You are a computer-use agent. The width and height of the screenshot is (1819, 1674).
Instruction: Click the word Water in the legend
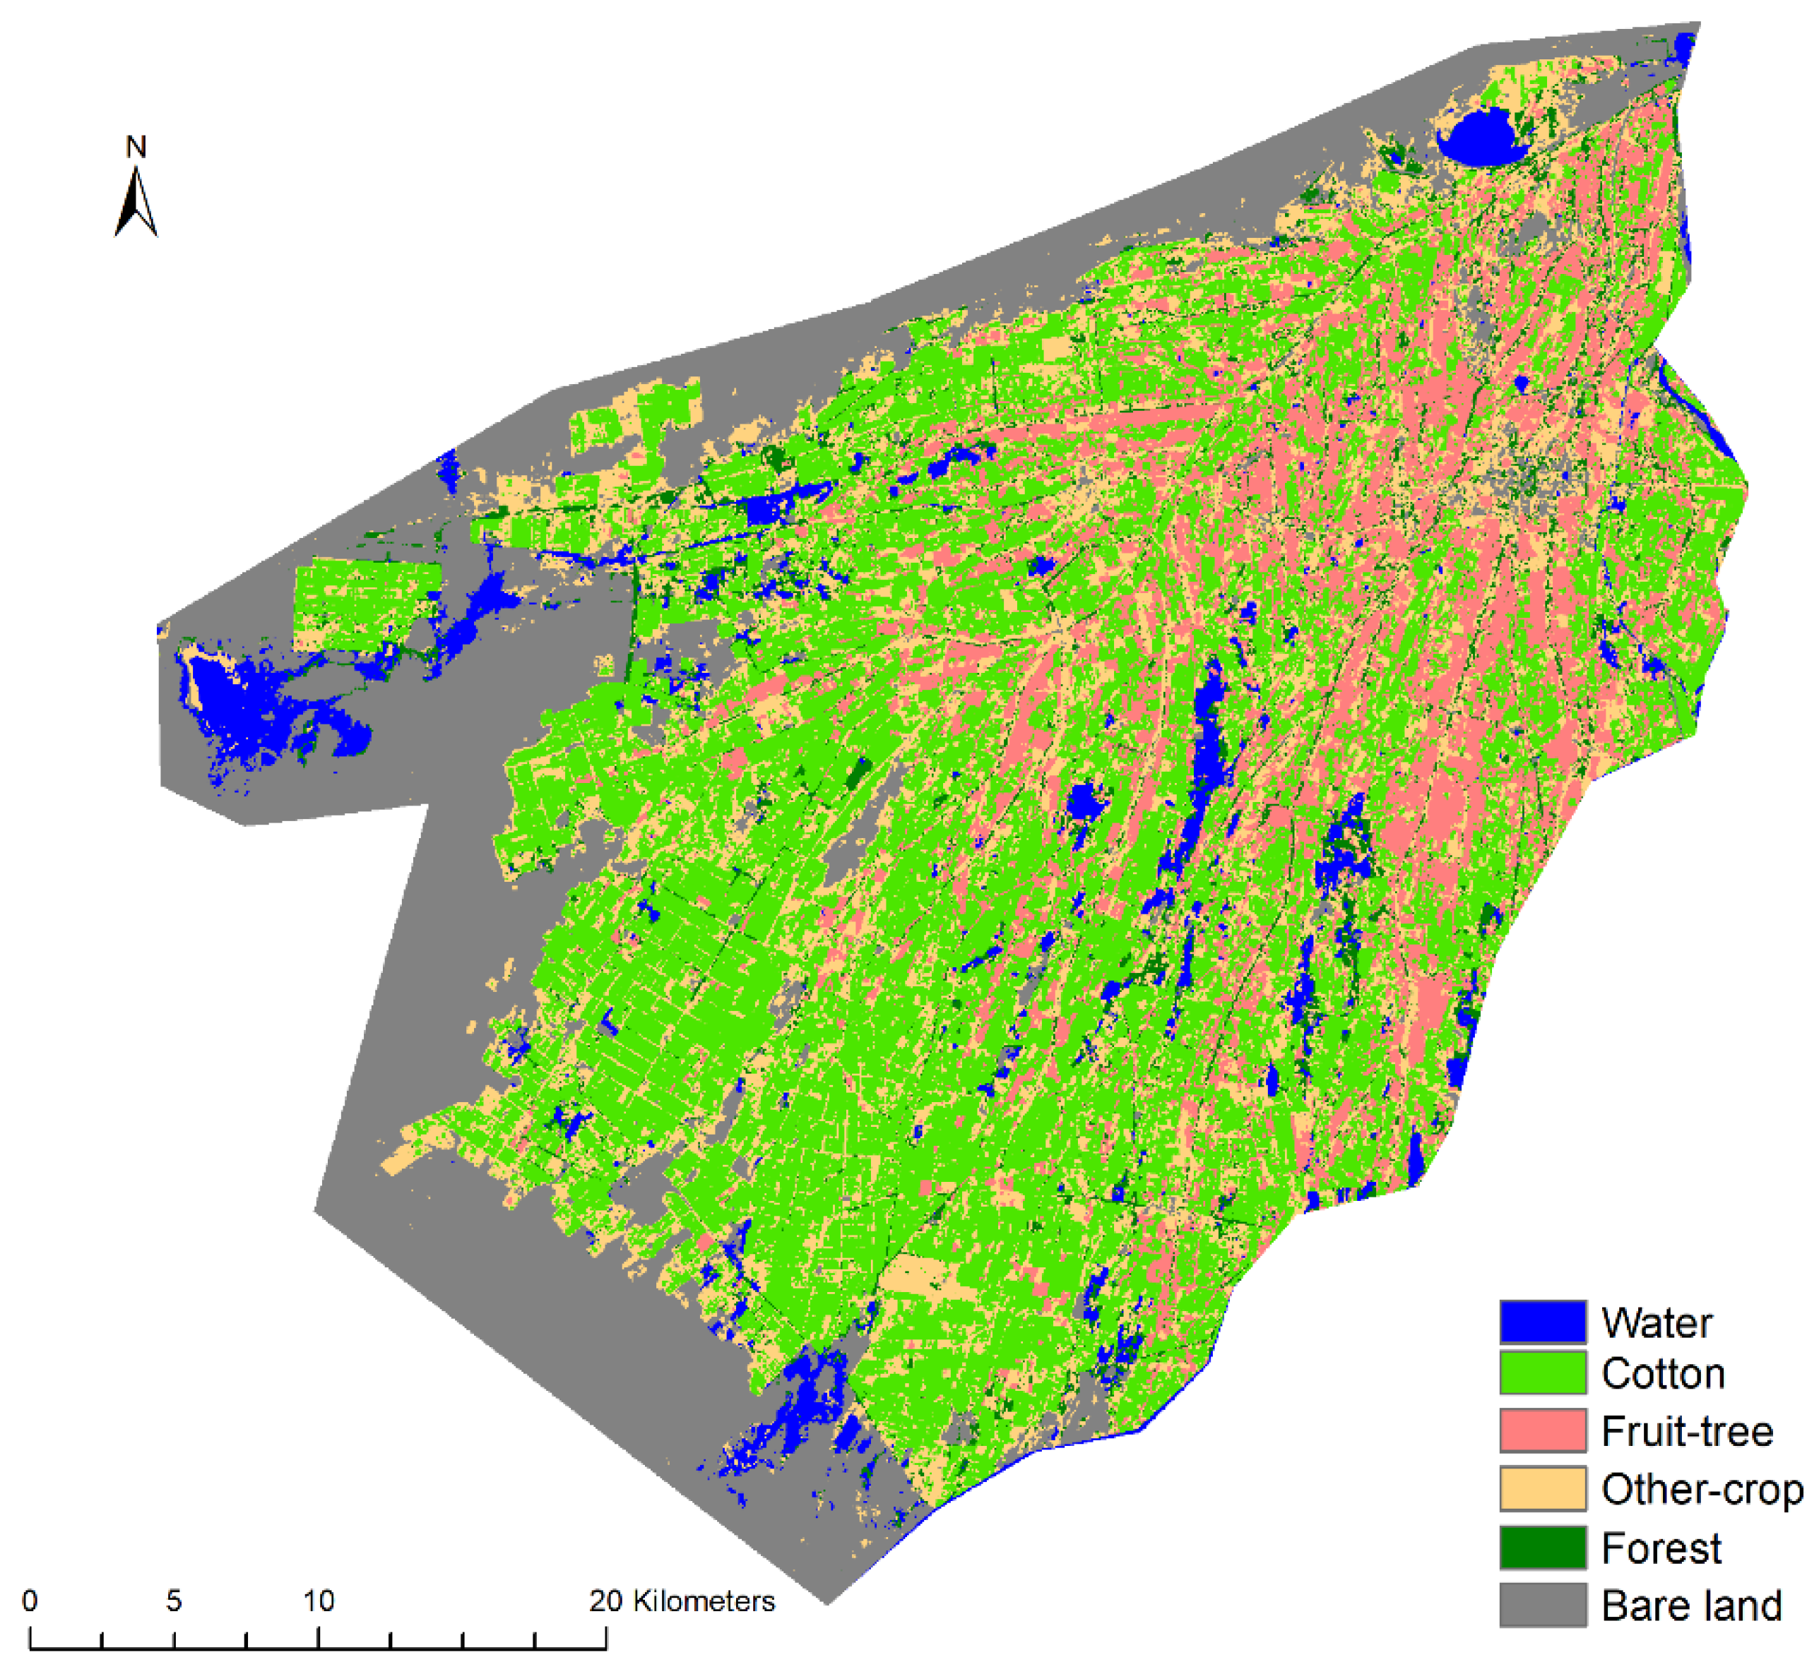point(1656,1322)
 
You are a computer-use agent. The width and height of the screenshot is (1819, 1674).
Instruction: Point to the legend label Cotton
point(1662,1374)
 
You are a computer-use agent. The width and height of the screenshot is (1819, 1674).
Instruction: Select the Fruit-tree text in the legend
point(1685,1431)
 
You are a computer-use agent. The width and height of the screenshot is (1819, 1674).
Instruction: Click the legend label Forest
point(1660,1547)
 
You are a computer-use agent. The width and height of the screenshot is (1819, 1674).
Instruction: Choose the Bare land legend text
point(1690,1605)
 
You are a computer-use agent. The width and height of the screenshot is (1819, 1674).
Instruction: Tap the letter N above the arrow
point(136,147)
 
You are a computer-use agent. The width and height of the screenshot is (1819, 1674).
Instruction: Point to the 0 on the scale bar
point(30,1601)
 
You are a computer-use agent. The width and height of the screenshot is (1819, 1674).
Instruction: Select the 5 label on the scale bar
point(174,1601)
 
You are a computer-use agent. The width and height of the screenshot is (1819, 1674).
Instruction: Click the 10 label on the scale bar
point(318,1601)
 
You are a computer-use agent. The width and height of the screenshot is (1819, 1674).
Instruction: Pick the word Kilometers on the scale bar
point(704,1601)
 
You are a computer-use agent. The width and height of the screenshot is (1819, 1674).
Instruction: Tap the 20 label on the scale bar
point(605,1601)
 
